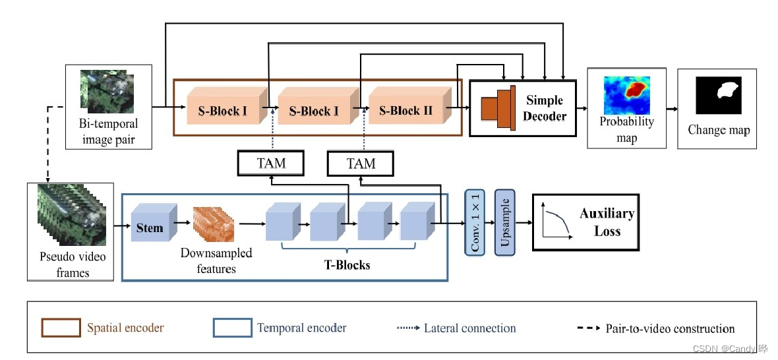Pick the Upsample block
point(505,222)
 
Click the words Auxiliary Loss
point(607,222)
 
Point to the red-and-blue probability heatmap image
point(626,96)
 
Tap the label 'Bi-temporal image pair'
point(107,131)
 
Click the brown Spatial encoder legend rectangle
point(61,328)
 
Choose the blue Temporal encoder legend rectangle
point(231,328)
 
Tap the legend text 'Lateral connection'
point(470,328)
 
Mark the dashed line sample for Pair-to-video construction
point(588,328)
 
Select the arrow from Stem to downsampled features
point(185,224)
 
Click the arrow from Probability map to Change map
point(672,108)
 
